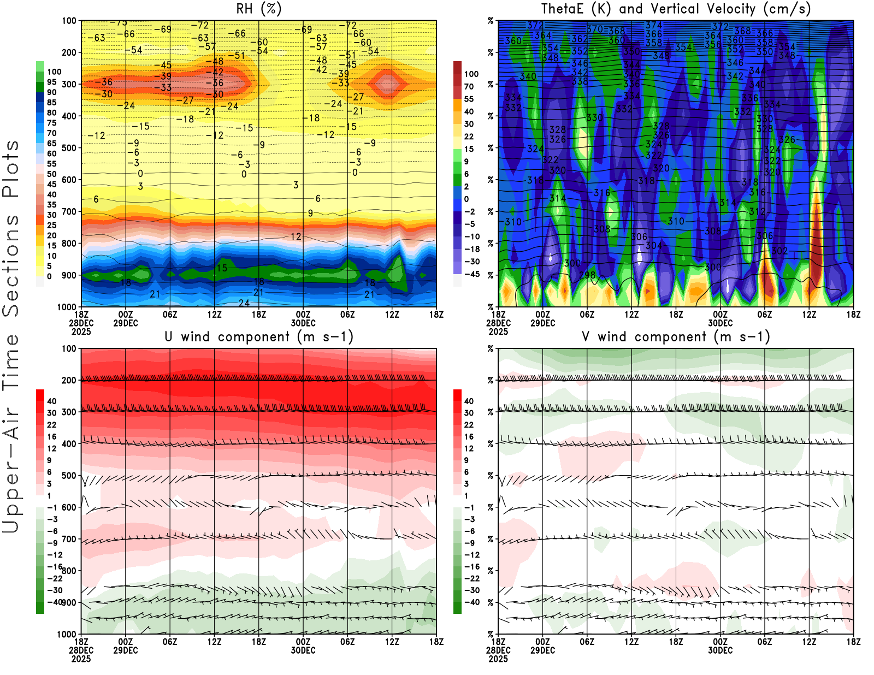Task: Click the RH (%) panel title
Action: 258,9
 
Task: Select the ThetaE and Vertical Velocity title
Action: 676,9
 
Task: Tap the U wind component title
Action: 259,336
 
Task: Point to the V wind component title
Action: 676,336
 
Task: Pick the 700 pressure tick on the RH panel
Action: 69,211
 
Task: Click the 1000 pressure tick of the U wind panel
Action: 67,634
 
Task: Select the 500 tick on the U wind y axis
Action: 69,476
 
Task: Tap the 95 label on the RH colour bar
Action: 51,82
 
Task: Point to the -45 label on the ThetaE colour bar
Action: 472,274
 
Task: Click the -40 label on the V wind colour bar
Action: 472,602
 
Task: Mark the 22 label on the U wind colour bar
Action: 51,425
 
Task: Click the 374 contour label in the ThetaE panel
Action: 654,25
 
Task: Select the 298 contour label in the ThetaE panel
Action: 587,275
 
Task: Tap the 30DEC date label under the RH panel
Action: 303,323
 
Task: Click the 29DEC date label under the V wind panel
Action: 542,650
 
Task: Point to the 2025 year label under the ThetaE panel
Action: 498,331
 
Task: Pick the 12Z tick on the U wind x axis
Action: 214,642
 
